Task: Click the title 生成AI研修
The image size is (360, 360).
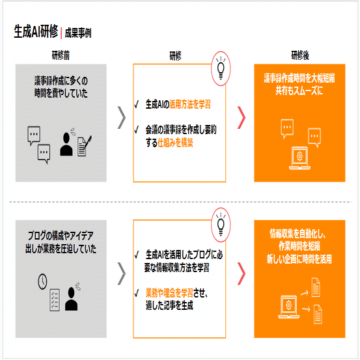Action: [36, 31]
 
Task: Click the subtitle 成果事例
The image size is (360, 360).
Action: [78, 33]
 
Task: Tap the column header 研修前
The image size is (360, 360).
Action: [61, 55]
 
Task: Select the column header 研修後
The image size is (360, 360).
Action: [300, 55]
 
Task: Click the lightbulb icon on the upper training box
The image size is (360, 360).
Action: [221, 68]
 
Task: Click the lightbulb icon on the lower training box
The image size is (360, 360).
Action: [221, 225]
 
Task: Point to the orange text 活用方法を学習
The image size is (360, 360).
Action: [189, 104]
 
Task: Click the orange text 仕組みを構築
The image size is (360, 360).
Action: [175, 143]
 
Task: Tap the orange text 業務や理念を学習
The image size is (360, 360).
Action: [169, 292]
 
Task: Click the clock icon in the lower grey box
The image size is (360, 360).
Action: [42, 281]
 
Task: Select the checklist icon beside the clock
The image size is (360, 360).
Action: [55, 300]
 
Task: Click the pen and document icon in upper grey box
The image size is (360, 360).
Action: [85, 146]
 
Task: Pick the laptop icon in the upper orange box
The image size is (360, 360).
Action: [299, 158]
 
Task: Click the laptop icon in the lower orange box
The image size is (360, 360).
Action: [288, 307]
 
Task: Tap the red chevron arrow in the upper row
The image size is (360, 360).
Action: [242, 117]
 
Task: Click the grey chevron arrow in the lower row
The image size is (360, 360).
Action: [122, 273]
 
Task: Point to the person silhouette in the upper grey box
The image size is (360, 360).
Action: [66, 144]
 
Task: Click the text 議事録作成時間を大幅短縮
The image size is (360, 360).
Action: [299, 78]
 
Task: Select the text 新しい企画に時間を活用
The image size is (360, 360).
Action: [299, 259]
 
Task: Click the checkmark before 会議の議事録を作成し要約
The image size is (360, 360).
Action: [137, 130]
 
